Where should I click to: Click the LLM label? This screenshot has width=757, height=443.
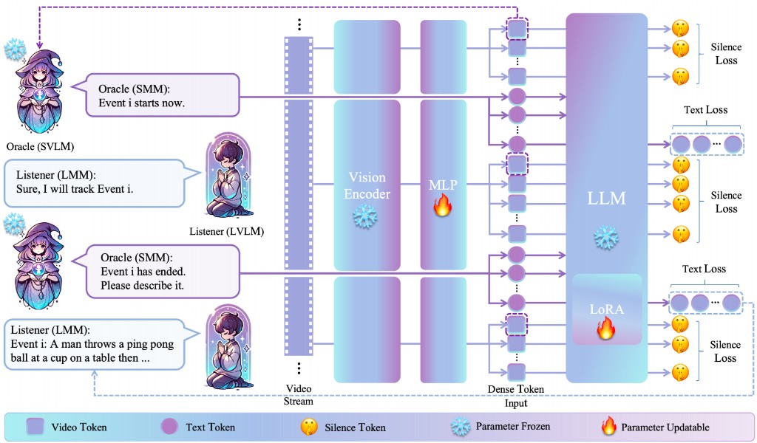pyautogui.click(x=606, y=199)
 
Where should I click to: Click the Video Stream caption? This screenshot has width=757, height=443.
pyautogui.click(x=299, y=395)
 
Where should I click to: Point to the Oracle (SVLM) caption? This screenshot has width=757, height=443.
pyautogui.click(x=33, y=145)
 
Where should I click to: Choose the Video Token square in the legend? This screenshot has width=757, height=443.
pyautogui.click(x=35, y=426)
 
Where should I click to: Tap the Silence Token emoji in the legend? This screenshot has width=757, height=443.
pyautogui.click(x=308, y=426)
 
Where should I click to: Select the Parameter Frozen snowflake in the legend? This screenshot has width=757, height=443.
pyautogui.click(x=461, y=426)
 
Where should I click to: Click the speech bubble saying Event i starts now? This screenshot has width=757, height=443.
pyautogui.click(x=163, y=95)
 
